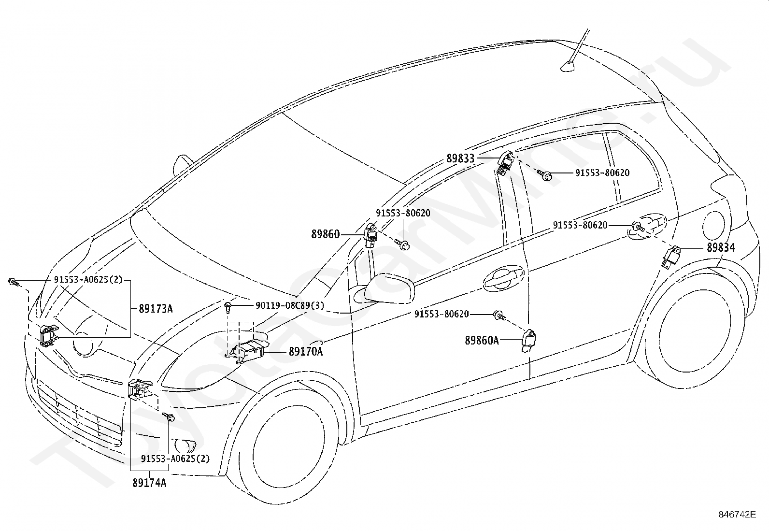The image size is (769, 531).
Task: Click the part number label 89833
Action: pos(460,158)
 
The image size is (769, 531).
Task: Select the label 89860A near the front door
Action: pos(482,340)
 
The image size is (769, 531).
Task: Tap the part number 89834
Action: pos(721,247)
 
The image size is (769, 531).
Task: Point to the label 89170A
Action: pos(306,351)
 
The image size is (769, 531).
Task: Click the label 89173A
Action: pos(156,309)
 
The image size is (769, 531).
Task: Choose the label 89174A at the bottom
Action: pos(149,483)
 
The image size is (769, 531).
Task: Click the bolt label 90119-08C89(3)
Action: pos(290,305)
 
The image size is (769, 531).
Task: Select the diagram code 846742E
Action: pos(737,514)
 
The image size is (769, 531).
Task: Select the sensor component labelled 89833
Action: pos(505,163)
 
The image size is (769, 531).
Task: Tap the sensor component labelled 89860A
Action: pos(528,341)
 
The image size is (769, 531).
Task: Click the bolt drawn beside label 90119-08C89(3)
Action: pos(228,307)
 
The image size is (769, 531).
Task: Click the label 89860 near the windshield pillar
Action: pos(326,234)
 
